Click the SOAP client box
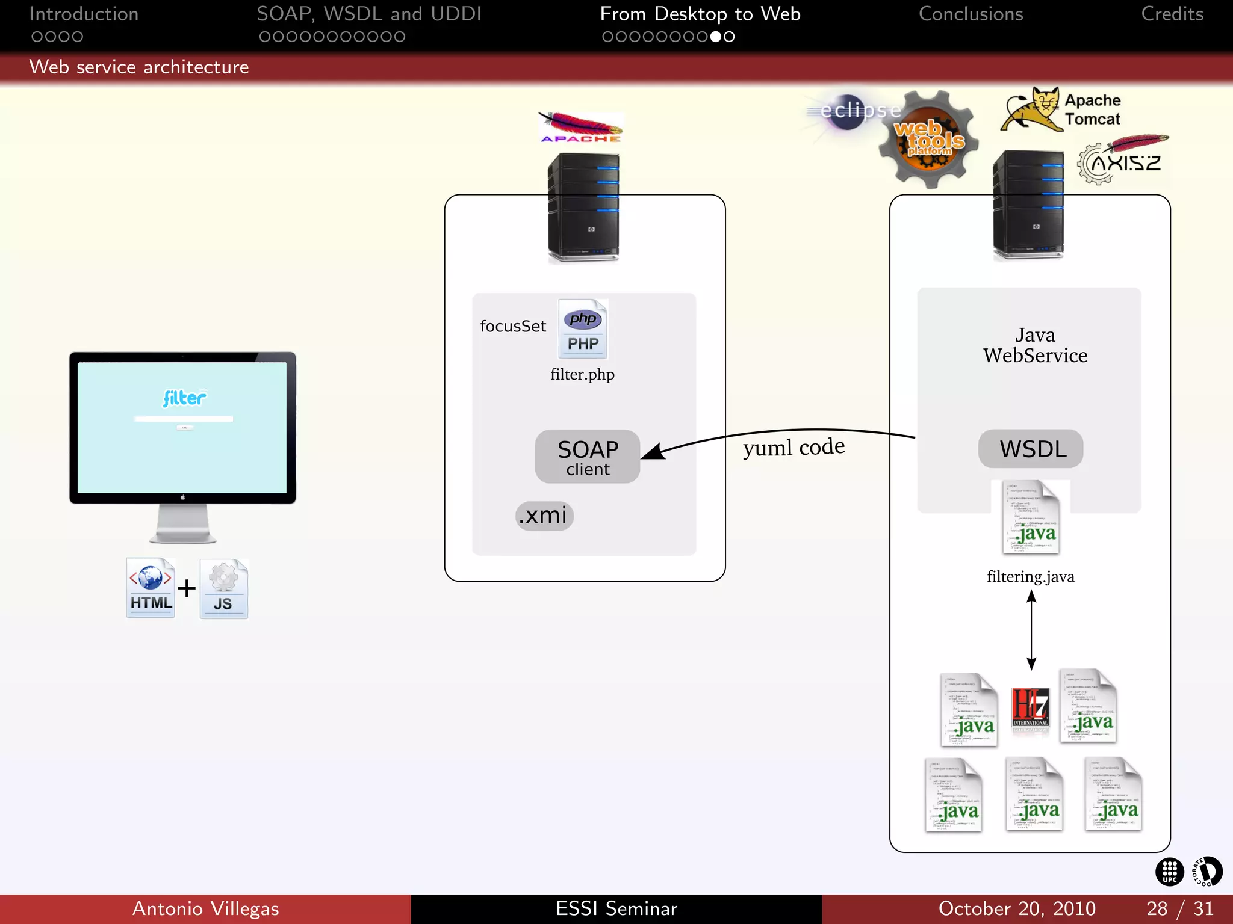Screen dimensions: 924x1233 587,457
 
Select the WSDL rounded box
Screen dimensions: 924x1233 1030,449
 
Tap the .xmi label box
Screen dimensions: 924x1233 544,516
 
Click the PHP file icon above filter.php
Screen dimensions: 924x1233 583,330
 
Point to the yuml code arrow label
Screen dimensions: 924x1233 794,447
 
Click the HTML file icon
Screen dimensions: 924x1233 151,588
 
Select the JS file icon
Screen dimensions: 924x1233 223,589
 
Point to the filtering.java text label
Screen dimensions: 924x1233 1030,577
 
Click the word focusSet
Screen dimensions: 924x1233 513,326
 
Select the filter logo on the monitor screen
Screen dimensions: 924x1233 184,398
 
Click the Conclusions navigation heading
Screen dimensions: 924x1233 971,14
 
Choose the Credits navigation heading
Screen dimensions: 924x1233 1172,14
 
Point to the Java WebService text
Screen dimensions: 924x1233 1035,345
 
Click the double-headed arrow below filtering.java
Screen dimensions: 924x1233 1031,630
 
